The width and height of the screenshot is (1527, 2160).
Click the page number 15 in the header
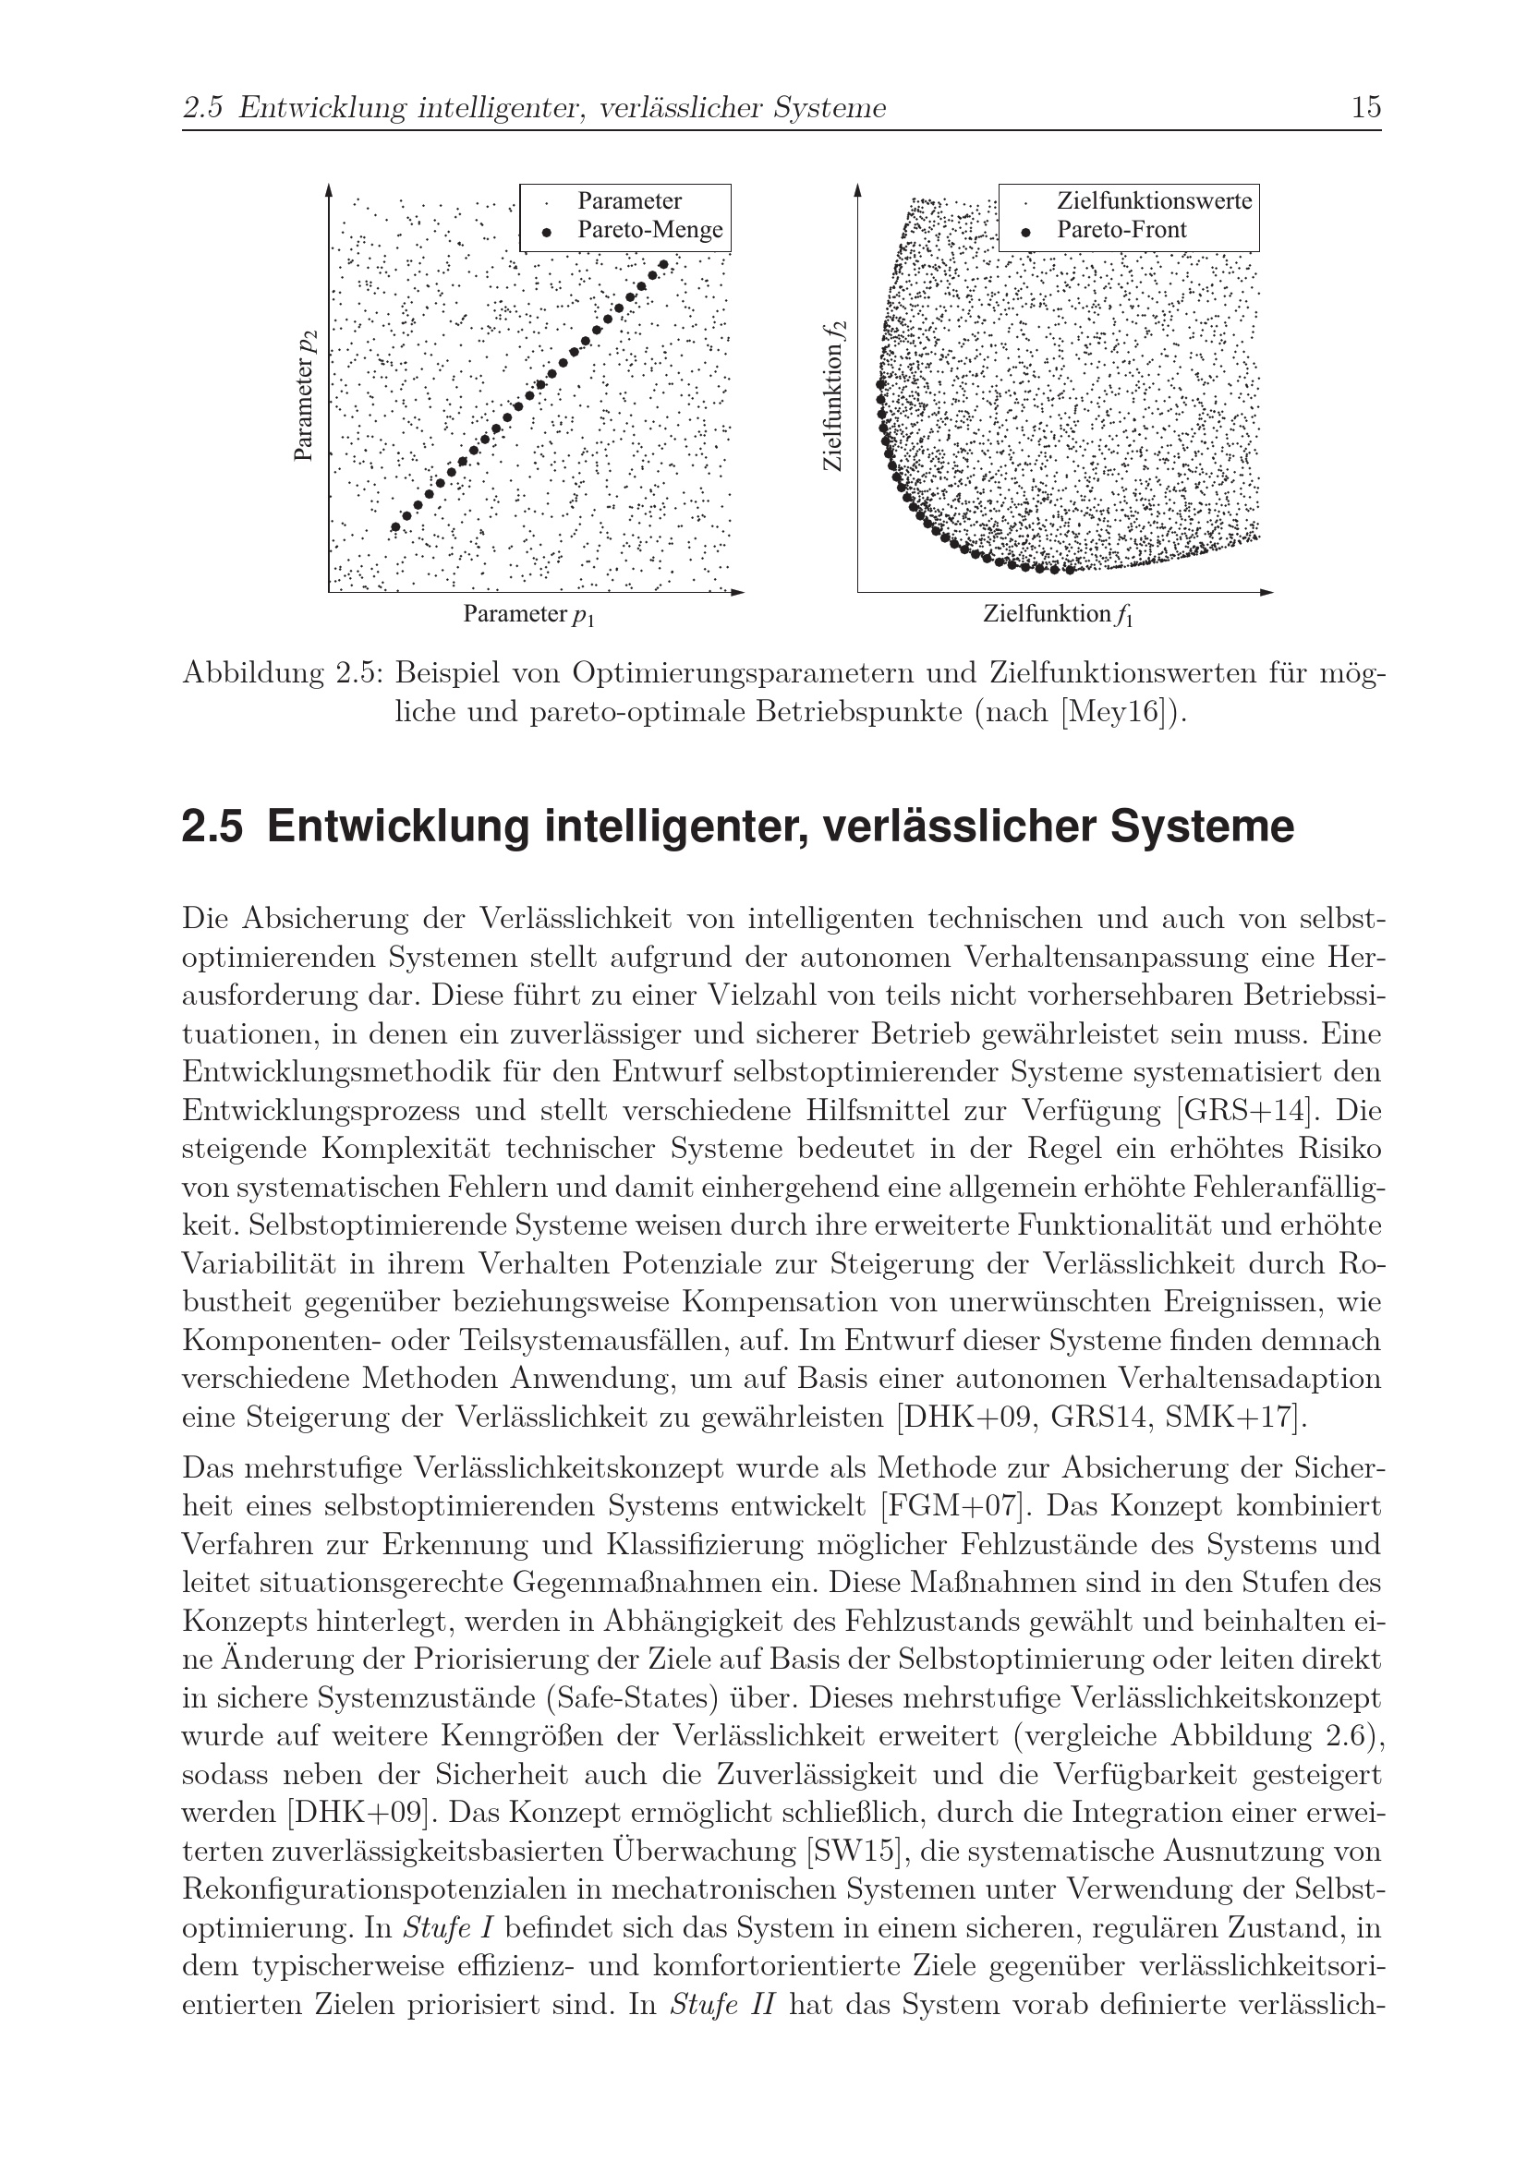[1365, 108]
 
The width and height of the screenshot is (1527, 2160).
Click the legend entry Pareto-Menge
[649, 230]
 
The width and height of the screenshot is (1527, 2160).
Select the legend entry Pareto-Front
[1121, 230]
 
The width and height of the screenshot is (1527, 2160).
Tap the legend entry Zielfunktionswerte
[1154, 200]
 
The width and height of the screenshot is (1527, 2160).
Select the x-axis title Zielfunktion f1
[1059, 615]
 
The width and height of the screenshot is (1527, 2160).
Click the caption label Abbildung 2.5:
[283, 673]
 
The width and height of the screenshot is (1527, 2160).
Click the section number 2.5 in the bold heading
[212, 827]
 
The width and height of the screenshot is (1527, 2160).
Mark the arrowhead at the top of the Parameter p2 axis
[328, 190]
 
